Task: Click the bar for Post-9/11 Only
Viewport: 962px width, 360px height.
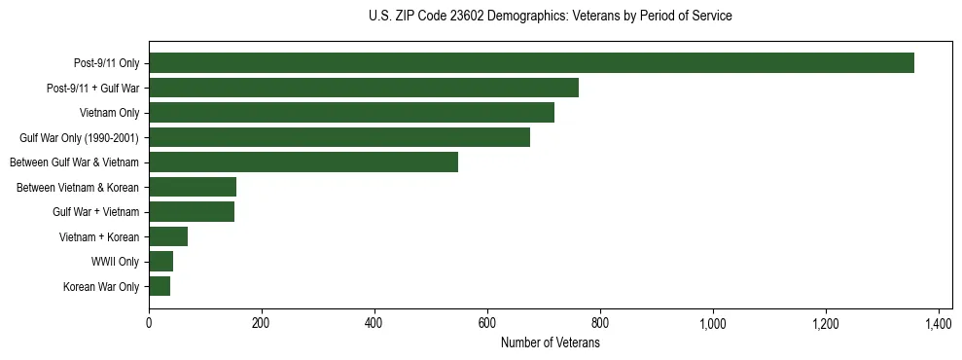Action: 531,63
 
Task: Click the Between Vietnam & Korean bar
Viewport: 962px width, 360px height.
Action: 193,187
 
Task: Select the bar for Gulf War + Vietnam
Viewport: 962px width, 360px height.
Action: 192,212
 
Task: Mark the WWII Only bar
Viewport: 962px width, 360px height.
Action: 160,262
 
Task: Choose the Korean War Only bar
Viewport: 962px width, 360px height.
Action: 160,286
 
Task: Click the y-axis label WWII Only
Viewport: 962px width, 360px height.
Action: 115,262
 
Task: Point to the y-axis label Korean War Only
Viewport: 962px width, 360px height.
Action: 101,287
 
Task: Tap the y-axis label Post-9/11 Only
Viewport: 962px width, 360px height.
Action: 106,64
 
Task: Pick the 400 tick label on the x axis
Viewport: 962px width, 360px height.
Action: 374,323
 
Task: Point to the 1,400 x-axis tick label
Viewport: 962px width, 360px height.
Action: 939,323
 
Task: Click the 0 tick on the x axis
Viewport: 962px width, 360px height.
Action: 149,323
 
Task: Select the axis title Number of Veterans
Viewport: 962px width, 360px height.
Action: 550,342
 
